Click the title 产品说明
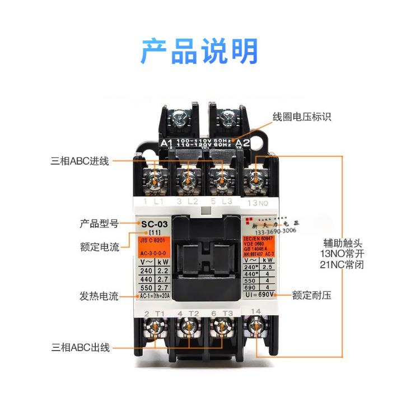coord(199,51)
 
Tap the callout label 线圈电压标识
coord(302,117)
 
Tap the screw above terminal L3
coord(221,178)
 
